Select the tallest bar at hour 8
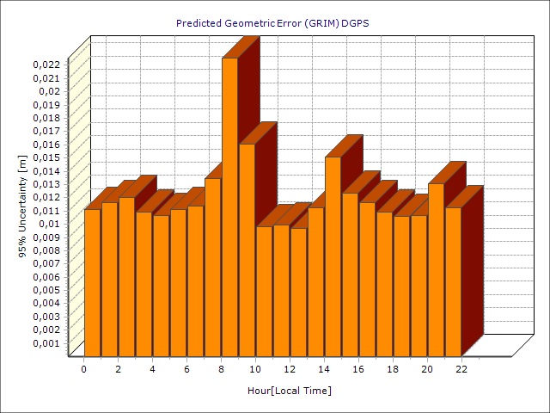tap(229, 206)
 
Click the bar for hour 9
tap(247, 250)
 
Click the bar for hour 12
tap(298, 292)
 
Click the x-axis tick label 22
tap(461, 369)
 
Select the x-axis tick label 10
tap(255, 369)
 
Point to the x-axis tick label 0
tap(83, 369)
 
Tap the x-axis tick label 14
tap(324, 369)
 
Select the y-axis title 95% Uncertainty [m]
tap(23, 206)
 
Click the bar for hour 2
tap(126, 276)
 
